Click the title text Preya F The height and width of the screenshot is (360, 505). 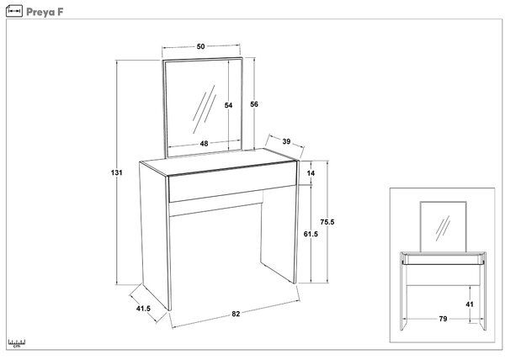point(45,12)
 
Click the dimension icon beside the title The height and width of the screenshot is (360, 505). point(14,11)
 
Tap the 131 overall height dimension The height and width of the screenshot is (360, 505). point(117,172)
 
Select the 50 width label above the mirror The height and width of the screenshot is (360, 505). point(200,46)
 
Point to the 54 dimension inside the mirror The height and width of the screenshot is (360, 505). point(228,105)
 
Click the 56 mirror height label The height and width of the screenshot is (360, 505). point(254,104)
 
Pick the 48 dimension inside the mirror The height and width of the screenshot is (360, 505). point(204,144)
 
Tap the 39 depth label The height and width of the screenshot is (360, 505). point(286,141)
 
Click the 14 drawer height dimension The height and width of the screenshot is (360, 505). point(311,173)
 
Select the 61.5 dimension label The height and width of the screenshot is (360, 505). point(311,234)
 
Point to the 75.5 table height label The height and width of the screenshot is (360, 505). point(327,222)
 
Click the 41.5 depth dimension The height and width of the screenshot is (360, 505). point(143,309)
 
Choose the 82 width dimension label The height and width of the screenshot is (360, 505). point(236,314)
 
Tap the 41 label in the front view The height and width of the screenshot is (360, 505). point(470,304)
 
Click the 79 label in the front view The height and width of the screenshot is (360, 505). point(444,319)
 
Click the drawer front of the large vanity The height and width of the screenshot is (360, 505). point(232,182)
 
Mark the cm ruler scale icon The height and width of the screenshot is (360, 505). point(17,343)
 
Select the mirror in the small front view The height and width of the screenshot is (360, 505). point(444,227)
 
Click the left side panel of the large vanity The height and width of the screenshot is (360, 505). point(155,236)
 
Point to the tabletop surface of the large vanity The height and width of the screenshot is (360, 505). point(218,161)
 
